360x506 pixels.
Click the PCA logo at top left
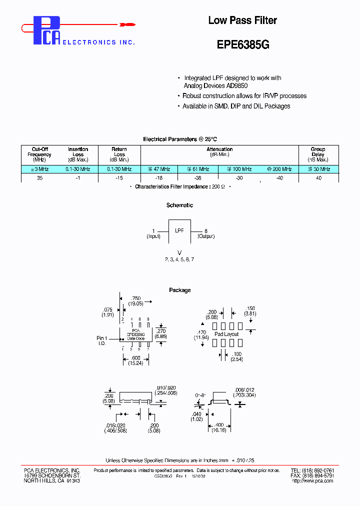tap(47, 31)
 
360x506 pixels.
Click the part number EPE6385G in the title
tap(243, 44)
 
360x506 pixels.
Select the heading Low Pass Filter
tap(242, 20)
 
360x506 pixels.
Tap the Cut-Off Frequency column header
tap(39, 154)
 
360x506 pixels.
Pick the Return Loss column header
tap(119, 154)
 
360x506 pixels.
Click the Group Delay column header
tap(318, 154)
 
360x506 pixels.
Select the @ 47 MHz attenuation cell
tap(159, 169)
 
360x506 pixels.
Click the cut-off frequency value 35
tap(39, 178)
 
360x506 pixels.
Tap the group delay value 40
tap(318, 178)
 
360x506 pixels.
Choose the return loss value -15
tap(119, 178)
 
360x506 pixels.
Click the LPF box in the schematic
tap(179, 231)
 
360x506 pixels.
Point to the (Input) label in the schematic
tap(153, 236)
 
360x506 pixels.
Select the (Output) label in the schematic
tap(206, 236)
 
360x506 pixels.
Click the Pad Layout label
tap(226, 334)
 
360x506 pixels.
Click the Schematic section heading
tap(179, 205)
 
